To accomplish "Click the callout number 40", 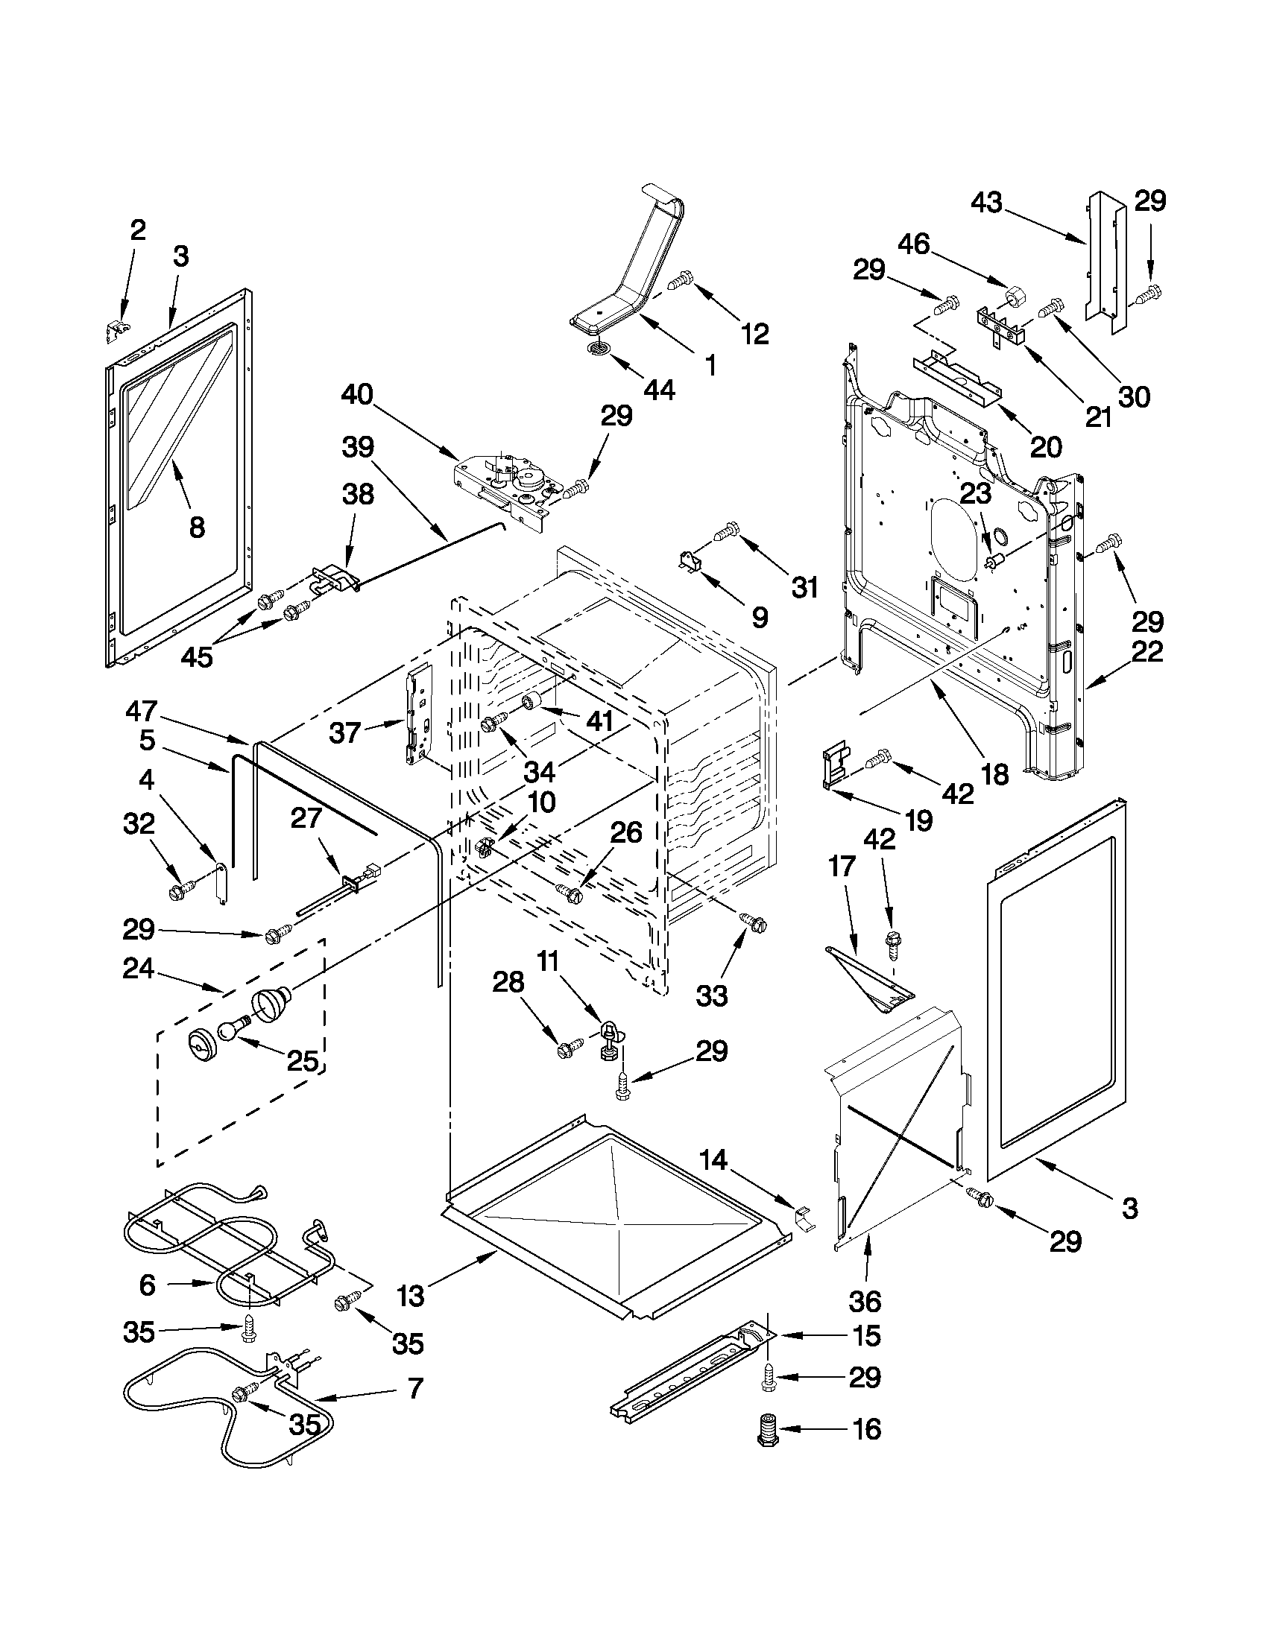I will [358, 395].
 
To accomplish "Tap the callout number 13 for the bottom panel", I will [411, 1295].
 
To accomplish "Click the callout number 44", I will [658, 389].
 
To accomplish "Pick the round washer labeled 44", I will [598, 348].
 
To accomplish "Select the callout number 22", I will [1146, 651].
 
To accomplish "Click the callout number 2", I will [137, 229].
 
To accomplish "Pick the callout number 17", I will [842, 867].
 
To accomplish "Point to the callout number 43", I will [986, 202].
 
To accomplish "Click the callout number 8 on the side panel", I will [197, 528].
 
